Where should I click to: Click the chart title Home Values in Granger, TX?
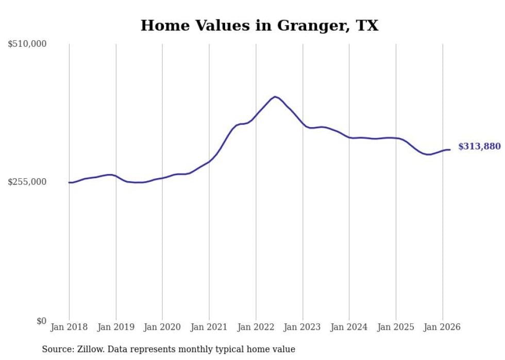point(259,25)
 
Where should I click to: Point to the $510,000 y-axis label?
point(27,44)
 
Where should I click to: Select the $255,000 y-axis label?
point(27,182)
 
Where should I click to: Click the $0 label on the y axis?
point(41,321)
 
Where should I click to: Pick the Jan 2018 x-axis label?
point(69,327)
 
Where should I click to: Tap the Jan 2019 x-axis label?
point(116,327)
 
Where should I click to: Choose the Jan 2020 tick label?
point(162,327)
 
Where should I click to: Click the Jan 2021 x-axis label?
point(209,327)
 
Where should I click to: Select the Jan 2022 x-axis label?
point(256,327)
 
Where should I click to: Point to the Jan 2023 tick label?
point(302,327)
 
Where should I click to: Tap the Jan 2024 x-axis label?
point(349,327)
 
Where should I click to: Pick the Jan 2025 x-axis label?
point(396,327)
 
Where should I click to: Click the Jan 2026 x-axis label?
point(442,327)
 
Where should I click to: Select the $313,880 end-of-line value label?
point(479,147)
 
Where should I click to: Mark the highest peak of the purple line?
point(275,96)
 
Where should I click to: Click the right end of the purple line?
point(450,150)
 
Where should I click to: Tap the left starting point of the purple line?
point(69,182)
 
